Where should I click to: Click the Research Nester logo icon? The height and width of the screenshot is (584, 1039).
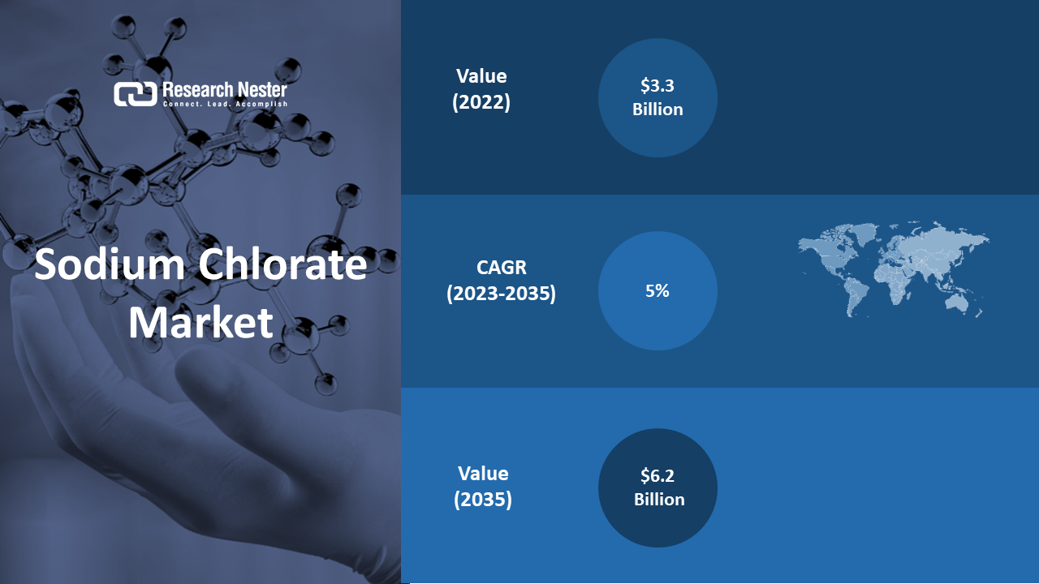pyautogui.click(x=135, y=94)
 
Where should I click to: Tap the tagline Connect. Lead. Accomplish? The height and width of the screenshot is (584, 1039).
pyautogui.click(x=225, y=105)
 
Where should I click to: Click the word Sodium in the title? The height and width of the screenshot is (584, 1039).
pyautogui.click(x=110, y=264)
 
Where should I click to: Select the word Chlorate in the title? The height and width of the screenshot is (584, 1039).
pyautogui.click(x=283, y=264)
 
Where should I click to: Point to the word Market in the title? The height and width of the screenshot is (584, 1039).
pyautogui.click(x=200, y=323)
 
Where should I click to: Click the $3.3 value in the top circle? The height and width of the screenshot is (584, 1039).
pyautogui.click(x=657, y=86)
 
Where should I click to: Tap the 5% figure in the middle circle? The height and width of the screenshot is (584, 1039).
pyautogui.click(x=657, y=291)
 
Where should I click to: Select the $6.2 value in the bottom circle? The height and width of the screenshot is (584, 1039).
pyautogui.click(x=657, y=475)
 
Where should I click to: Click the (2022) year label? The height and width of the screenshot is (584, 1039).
pyautogui.click(x=481, y=102)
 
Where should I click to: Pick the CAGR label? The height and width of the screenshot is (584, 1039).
pyautogui.click(x=502, y=268)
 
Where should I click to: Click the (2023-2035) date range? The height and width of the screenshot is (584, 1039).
pyautogui.click(x=501, y=294)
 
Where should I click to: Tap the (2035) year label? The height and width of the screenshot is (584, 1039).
pyautogui.click(x=483, y=499)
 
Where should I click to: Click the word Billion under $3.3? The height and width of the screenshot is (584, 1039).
pyautogui.click(x=657, y=109)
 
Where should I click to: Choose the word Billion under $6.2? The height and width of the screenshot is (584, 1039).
pyautogui.click(x=659, y=500)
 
